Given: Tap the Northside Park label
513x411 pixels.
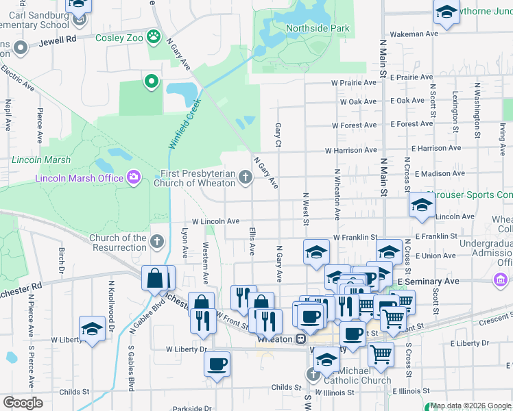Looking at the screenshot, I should [x=318, y=28].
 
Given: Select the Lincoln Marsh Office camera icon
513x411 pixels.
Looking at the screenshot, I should [x=134, y=178].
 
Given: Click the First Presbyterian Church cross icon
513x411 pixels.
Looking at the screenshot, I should [x=245, y=178].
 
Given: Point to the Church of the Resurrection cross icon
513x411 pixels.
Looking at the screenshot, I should [x=157, y=241].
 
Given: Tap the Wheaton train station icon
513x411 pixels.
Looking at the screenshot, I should [x=300, y=339].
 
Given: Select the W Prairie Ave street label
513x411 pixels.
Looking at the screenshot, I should [x=354, y=83].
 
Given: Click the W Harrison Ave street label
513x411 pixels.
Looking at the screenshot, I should [x=350, y=150].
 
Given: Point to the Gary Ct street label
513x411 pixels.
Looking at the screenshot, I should [x=278, y=134].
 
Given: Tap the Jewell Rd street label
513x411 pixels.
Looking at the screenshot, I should [x=58, y=40].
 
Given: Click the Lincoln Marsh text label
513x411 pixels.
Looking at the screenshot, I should [x=40, y=160].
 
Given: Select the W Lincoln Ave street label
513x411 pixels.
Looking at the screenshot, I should [x=215, y=221].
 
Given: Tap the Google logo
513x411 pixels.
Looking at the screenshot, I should [x=23, y=402].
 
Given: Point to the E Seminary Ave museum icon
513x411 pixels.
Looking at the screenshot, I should [x=500, y=280].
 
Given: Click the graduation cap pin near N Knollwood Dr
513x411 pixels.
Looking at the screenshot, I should [x=92, y=328].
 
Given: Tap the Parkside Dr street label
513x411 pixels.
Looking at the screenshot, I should [x=189, y=409].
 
